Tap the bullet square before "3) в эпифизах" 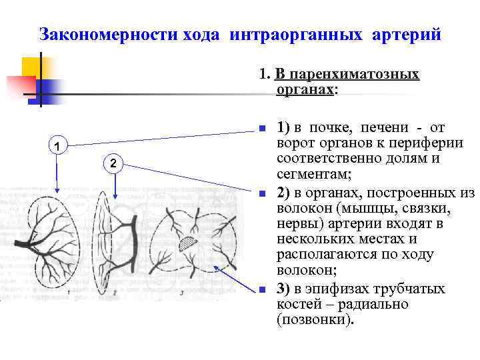[263, 289]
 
